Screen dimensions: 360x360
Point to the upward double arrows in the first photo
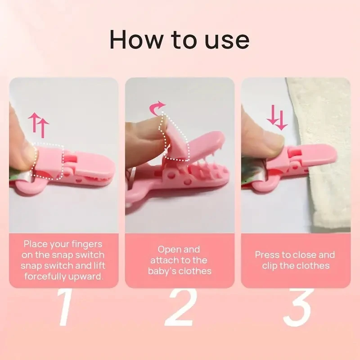(x=38, y=125)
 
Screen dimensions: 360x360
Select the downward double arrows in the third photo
(x=276, y=118)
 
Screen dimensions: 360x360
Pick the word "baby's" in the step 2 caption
(x=164, y=271)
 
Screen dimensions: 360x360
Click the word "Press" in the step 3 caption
(x=267, y=255)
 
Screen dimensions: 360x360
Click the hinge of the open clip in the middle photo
(x=173, y=173)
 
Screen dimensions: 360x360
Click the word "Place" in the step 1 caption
(x=36, y=244)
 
